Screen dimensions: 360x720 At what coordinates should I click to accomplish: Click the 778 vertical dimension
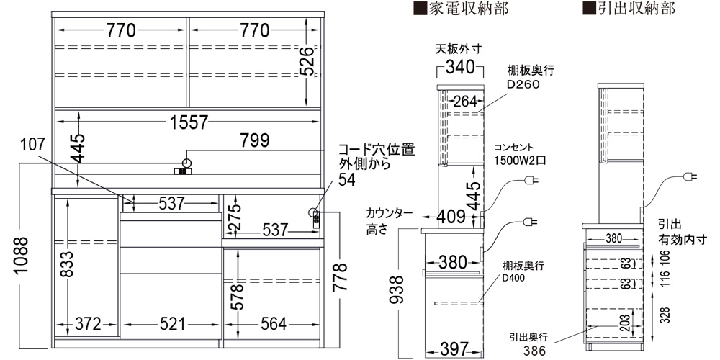(340, 276)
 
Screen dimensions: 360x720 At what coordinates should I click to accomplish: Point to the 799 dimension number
(253, 140)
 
